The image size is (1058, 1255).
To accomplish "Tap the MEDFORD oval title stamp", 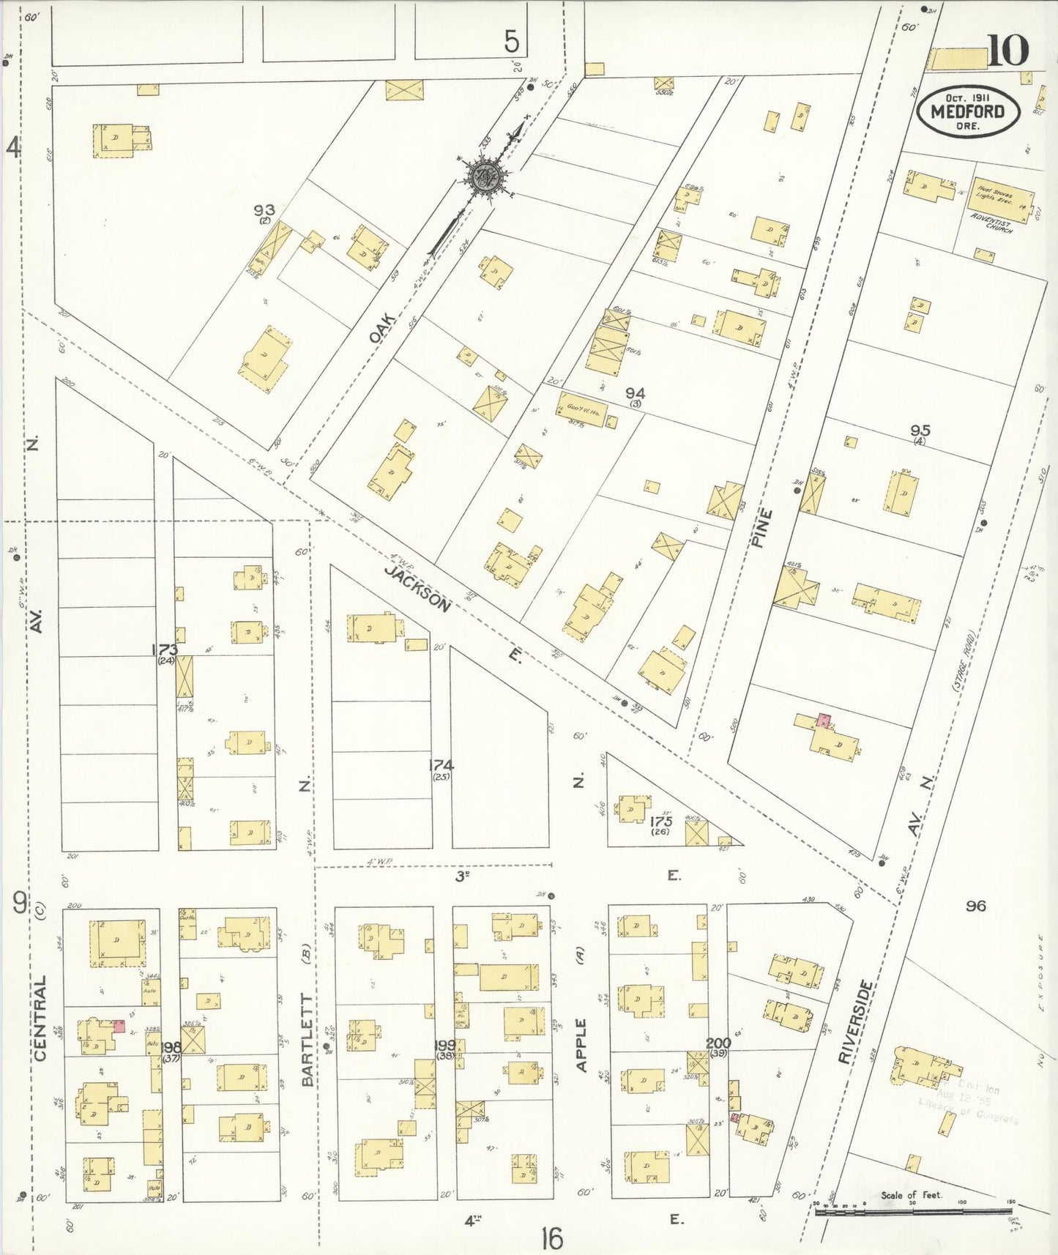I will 967,112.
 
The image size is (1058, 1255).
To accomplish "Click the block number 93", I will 264,211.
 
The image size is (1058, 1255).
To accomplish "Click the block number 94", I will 634,394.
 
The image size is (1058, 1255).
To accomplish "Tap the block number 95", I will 920,431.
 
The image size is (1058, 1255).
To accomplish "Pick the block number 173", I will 165,649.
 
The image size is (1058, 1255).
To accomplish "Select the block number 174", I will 441,765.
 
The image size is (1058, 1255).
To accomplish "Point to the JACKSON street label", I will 418,588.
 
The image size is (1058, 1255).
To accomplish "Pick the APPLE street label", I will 582,1045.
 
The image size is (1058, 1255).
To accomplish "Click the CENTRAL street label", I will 40,1018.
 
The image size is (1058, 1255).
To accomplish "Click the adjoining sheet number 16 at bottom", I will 553,1239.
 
